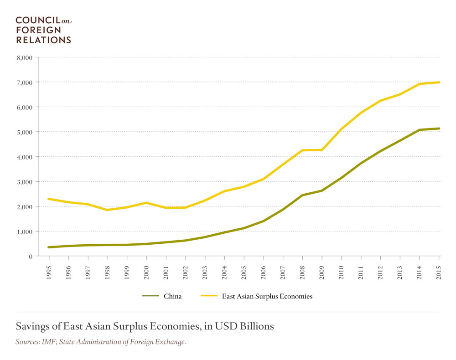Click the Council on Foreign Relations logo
pyautogui.click(x=44, y=30)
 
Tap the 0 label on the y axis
pyautogui.click(x=30, y=257)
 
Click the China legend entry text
pyautogui.click(x=172, y=296)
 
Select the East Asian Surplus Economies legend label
pyautogui.click(x=267, y=296)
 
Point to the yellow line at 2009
pyautogui.click(x=322, y=150)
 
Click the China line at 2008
pyautogui.click(x=302, y=195)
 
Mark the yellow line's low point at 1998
pyautogui.click(x=108, y=210)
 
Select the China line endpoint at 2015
pyautogui.click(x=439, y=129)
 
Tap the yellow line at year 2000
pyautogui.click(x=146, y=203)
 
